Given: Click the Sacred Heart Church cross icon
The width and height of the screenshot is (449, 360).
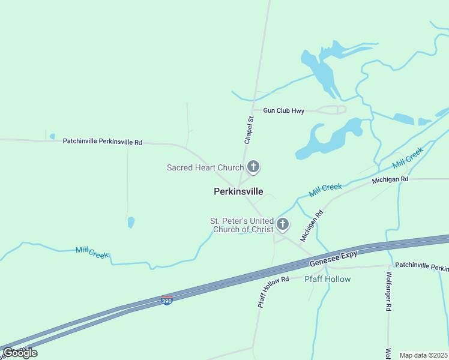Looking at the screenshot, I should pos(253,167).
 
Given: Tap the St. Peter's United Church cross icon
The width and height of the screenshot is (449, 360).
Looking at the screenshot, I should pos(282,225).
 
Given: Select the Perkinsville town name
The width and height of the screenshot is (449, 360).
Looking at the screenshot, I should pos(238,191).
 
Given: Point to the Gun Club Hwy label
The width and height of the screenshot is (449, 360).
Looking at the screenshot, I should pos(283,110).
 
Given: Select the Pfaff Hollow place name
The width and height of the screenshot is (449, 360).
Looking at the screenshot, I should pos(327,279).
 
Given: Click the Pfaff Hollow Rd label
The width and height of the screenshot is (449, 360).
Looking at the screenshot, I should pos(273,292).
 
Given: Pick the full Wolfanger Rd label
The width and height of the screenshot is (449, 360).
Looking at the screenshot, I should pos(389,290).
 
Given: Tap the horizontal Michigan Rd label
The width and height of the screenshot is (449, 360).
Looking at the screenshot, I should pos(390,179).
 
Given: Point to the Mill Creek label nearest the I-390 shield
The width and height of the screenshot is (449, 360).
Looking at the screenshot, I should pos(92,252).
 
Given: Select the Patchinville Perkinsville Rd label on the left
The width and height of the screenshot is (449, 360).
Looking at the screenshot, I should pos(102,142).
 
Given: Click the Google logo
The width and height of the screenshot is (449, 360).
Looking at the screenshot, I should pos(20,353).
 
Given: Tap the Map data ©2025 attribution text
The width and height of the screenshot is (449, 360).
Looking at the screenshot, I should pos(423,355).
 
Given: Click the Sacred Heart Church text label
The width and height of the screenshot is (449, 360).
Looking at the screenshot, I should pos(205,167).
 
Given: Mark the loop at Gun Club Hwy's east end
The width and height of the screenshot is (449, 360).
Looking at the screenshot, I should pos(340,109).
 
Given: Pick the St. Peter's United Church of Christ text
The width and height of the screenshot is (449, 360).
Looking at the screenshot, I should pos(241,225).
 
